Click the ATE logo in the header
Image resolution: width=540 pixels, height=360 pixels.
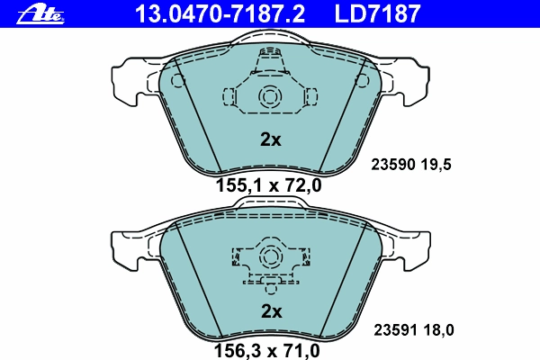[40, 14]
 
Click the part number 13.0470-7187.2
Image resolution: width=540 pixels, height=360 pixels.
[220, 13]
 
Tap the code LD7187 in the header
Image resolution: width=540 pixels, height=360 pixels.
[377, 13]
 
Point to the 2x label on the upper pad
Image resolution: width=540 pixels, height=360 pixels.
[270, 139]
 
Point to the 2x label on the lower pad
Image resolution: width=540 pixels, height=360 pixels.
[272, 311]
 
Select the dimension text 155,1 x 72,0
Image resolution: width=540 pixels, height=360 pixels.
[268, 185]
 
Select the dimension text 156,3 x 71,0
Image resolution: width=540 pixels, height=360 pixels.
[267, 351]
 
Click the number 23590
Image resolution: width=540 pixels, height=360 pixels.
[393, 165]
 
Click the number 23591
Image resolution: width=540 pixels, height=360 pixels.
[396, 330]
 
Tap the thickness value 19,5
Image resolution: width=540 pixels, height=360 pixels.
[436, 165]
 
